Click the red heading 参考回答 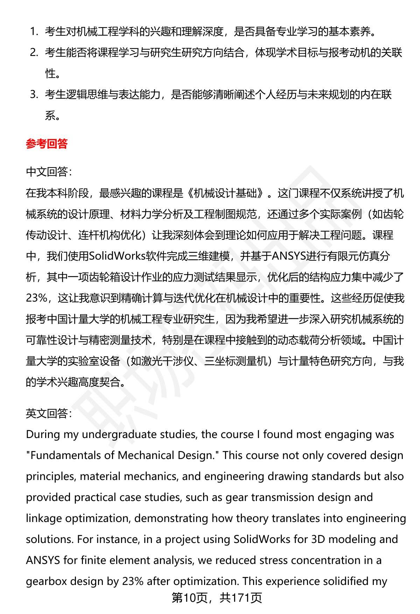point(47,144)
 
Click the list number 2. point(34,53)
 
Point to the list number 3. point(34,95)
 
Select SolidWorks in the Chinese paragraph point(117,256)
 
